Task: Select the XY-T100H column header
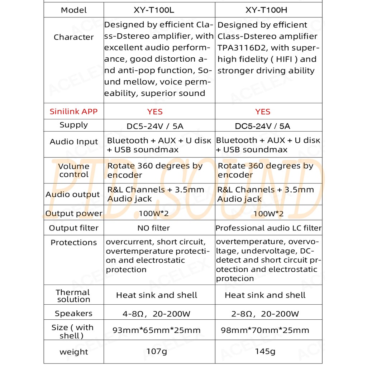266,10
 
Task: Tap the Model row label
74,10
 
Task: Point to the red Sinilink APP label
73,111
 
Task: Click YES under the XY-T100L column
155,112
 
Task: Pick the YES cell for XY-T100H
263,112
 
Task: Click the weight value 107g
157,352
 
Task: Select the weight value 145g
265,352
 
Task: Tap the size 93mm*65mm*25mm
157,330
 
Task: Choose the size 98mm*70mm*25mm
265,330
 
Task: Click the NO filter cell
153,228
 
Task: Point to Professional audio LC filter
268,228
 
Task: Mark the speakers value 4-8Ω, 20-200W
156,314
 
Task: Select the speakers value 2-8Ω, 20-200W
265,314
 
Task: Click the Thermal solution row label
73,296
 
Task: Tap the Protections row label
73,243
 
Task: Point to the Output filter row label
73,228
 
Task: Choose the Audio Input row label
73,142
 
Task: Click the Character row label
73,37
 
